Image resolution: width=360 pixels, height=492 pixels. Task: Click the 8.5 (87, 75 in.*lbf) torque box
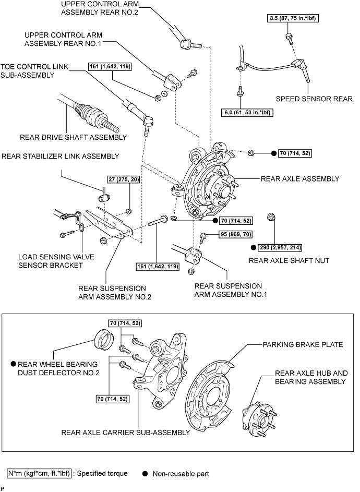[x=292, y=19]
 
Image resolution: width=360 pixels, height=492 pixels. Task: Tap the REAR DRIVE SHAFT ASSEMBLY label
[x=73, y=137]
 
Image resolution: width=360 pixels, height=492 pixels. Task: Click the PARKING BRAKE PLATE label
[x=302, y=344]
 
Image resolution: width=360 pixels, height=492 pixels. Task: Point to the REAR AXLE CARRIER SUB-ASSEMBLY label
[x=125, y=432]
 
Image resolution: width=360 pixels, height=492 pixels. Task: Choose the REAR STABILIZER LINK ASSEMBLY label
[x=60, y=156]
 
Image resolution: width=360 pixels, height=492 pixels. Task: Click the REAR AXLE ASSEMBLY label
[x=300, y=179]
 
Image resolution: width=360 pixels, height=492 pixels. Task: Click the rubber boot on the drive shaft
[x=86, y=112]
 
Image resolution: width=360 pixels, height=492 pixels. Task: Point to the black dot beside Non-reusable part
[x=146, y=474]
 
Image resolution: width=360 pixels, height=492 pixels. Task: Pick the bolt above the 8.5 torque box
[x=288, y=37]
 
